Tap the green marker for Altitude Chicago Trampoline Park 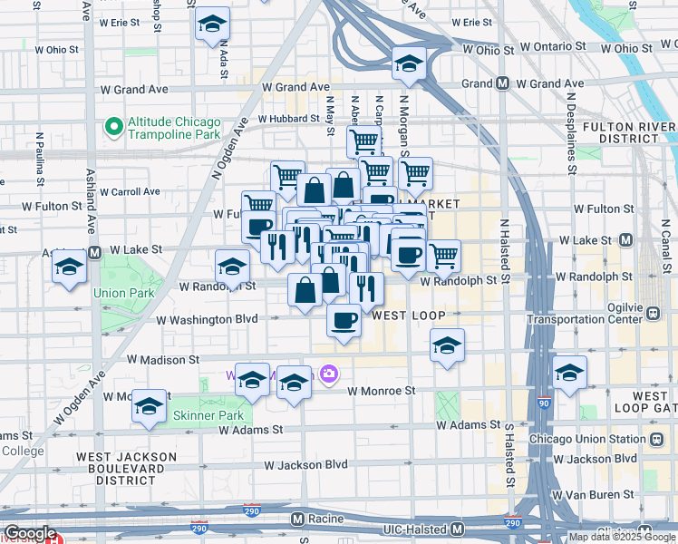pos(113,128)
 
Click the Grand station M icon pos(501,84)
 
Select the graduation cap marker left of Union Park pos(69,268)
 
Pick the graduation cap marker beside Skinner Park pos(149,406)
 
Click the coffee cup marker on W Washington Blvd pos(344,320)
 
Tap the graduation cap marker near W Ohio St pos(409,64)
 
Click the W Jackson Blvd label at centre pos(305,465)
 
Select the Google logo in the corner pos(30,533)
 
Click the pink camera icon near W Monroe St pos(328,373)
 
